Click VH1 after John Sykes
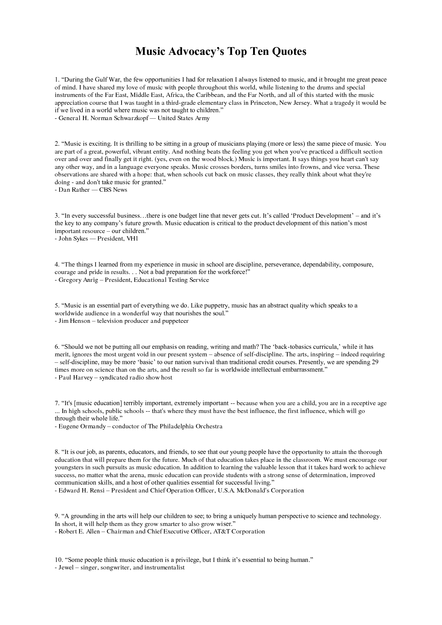(x=132, y=239)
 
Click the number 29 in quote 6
(x=375, y=362)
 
